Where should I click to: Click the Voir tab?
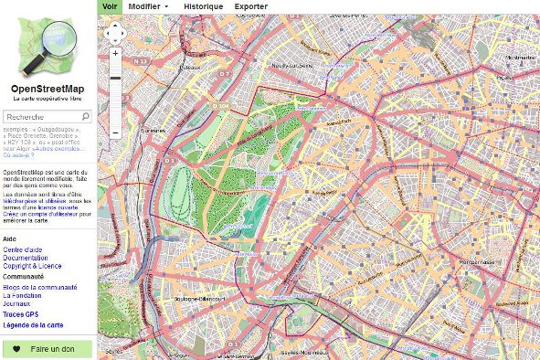(x=110, y=5)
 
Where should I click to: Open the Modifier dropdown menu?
(x=148, y=5)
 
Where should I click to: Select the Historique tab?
(x=202, y=5)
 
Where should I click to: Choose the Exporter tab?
(x=250, y=5)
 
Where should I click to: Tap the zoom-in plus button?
(x=115, y=54)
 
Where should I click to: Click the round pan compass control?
(x=115, y=34)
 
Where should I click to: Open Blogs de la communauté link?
(x=39, y=287)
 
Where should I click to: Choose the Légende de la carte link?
(x=33, y=325)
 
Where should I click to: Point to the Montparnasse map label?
(x=475, y=261)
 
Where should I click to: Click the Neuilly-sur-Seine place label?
(x=291, y=66)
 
